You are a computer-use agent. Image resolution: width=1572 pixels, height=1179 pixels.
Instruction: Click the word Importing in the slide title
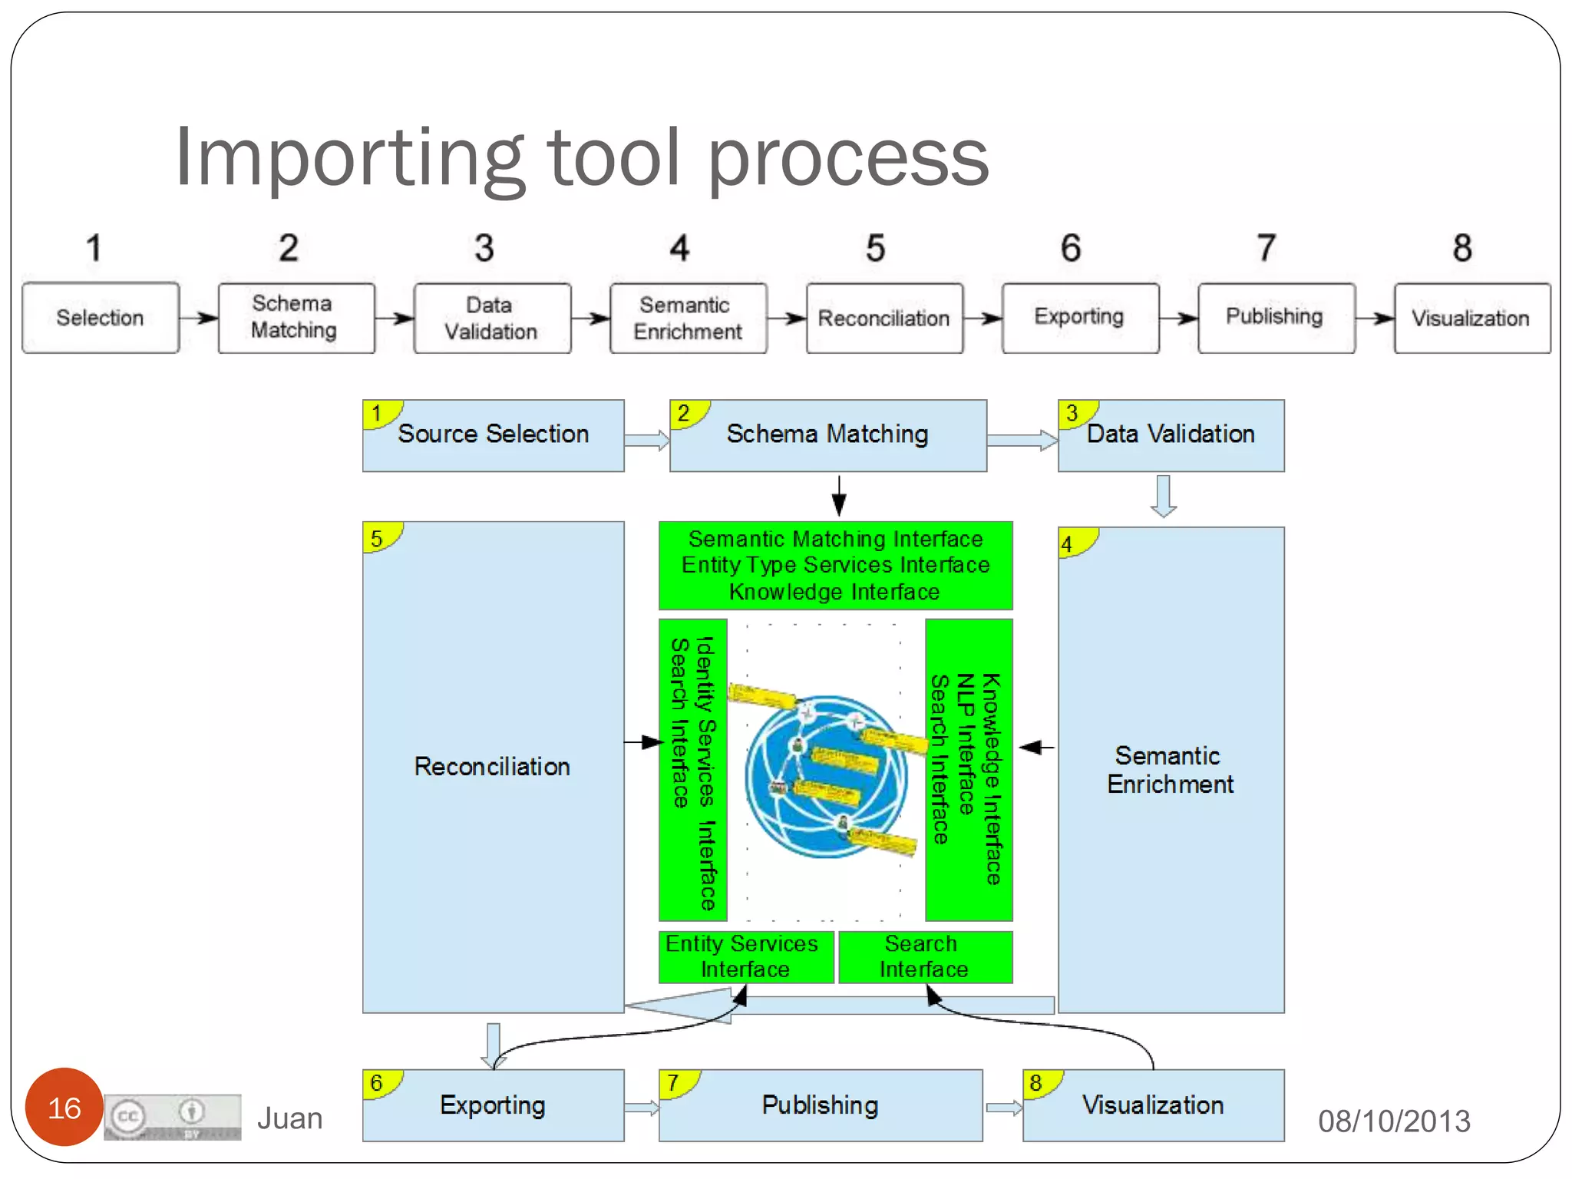click(x=349, y=157)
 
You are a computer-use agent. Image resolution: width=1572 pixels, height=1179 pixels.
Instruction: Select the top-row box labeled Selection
click(x=101, y=318)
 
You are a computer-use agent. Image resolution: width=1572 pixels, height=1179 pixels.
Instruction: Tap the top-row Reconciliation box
click(x=884, y=318)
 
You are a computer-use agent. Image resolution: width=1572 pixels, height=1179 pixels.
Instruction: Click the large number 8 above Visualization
click(x=1461, y=248)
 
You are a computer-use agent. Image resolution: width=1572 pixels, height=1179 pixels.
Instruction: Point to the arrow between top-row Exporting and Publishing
click(x=1178, y=318)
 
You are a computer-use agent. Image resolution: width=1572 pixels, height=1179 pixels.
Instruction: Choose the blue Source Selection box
click(x=494, y=435)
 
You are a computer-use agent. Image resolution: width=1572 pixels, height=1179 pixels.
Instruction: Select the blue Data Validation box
click(x=1171, y=435)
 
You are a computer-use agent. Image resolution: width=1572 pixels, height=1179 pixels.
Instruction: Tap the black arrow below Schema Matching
click(x=839, y=495)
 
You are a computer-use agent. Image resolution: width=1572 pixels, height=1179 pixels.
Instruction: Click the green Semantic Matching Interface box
click(x=835, y=565)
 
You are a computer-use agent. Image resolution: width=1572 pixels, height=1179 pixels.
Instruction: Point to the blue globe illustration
click(x=826, y=775)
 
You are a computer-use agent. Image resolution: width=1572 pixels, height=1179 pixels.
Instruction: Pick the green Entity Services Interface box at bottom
click(x=745, y=956)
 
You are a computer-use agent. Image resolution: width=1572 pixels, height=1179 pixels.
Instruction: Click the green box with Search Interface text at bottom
click(x=924, y=956)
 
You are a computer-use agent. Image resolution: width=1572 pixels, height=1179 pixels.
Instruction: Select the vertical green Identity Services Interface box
click(x=692, y=770)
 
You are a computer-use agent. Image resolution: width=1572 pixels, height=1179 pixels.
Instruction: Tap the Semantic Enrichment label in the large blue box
click(x=1169, y=770)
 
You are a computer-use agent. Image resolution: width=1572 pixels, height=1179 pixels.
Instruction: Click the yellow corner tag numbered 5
click(x=378, y=538)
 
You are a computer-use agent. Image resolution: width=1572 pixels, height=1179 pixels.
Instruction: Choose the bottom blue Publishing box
click(x=820, y=1105)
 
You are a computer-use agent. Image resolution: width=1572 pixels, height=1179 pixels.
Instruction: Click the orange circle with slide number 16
click(x=64, y=1107)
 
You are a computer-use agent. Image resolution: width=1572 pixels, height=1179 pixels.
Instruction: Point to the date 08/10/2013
click(x=1393, y=1121)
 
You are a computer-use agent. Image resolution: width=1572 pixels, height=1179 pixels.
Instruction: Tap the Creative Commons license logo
click(x=173, y=1117)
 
